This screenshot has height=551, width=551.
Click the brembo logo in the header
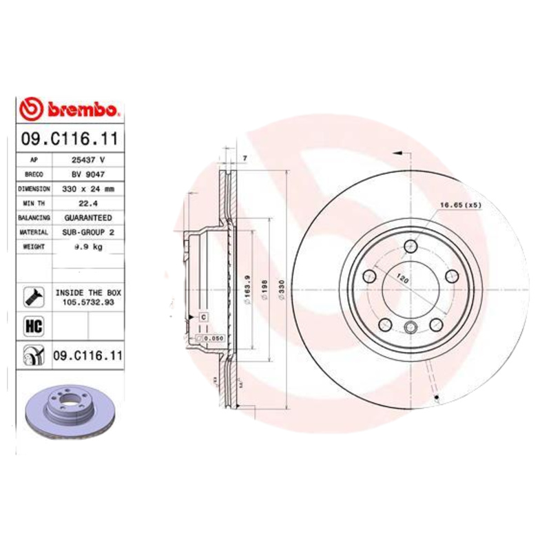(70, 110)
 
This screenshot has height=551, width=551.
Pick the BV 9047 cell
(87, 174)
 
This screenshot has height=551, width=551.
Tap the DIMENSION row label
(34, 188)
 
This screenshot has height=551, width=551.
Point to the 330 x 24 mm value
(87, 188)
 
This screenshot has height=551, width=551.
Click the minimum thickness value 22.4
(87, 203)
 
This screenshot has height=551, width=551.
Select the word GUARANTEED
(87, 218)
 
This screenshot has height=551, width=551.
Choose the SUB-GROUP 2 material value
(87, 233)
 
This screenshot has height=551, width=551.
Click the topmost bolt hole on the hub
(412, 245)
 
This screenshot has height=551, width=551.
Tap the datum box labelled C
(203, 316)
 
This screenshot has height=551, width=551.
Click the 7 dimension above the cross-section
(245, 159)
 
